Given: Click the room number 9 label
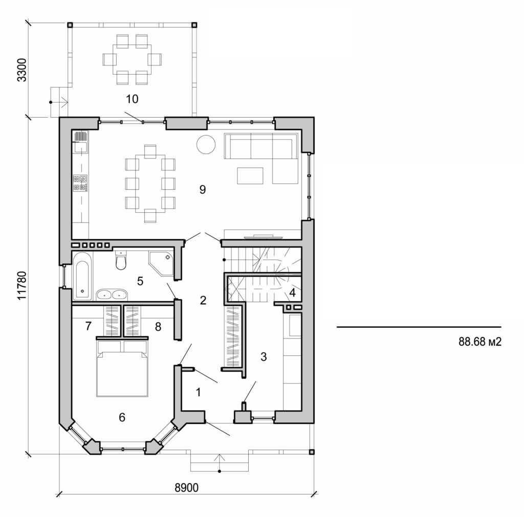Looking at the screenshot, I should click(x=202, y=190).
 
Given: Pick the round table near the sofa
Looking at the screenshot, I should click(x=206, y=145).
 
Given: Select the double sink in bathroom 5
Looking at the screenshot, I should click(x=112, y=294).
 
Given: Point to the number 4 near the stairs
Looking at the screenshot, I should click(x=292, y=293).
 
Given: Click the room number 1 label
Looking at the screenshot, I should click(x=199, y=392).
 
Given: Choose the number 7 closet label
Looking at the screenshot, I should click(x=88, y=326).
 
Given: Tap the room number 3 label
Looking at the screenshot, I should click(x=264, y=357).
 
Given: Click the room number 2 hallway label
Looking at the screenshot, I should click(x=203, y=301).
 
